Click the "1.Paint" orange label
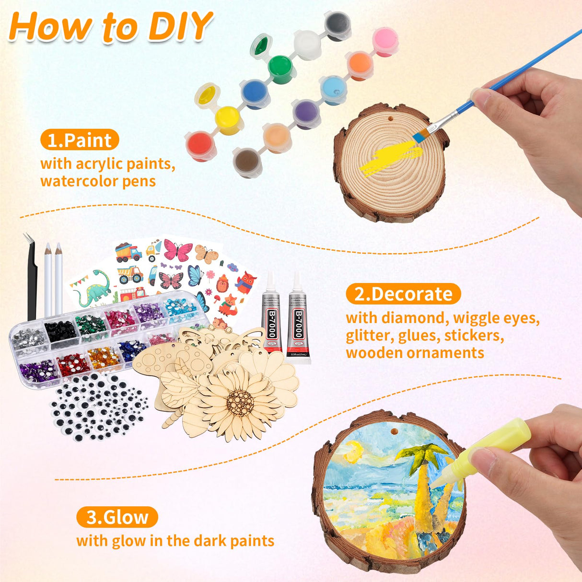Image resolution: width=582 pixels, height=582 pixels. (x=80, y=140)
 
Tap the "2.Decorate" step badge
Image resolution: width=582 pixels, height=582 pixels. (x=403, y=294)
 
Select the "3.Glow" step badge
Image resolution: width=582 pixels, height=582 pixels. (x=117, y=517)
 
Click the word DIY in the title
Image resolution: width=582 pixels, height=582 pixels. (x=180, y=26)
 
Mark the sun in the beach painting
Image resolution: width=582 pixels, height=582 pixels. (x=353, y=452)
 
